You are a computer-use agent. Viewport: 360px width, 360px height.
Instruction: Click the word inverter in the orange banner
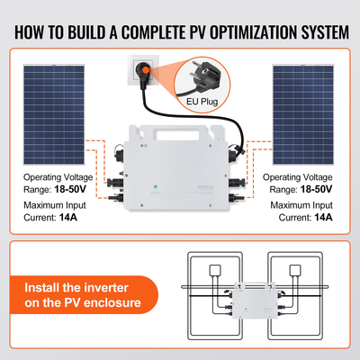tap(112, 290)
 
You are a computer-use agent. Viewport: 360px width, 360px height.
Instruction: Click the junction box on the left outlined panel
tap(215, 270)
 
